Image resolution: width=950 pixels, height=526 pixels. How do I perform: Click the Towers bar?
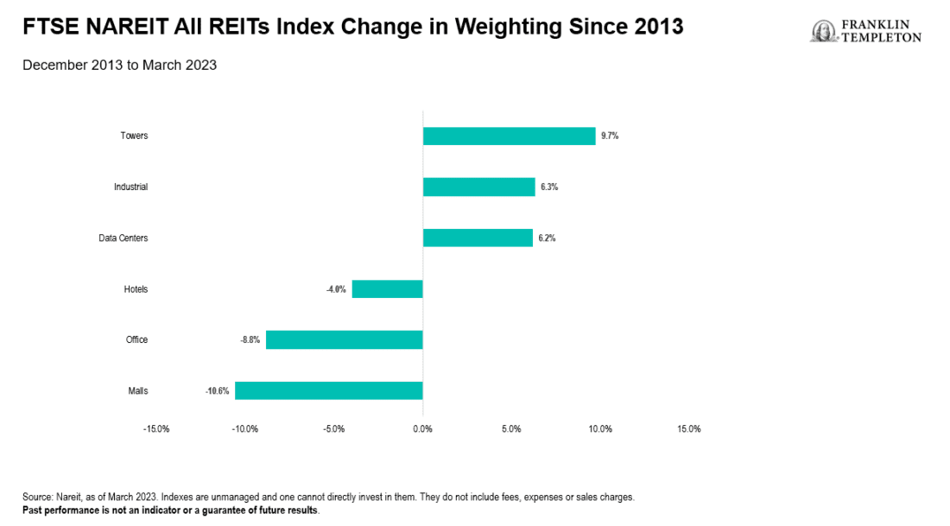(x=509, y=136)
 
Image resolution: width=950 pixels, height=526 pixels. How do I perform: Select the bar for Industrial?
(x=478, y=187)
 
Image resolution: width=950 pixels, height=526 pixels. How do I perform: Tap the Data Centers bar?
(x=478, y=238)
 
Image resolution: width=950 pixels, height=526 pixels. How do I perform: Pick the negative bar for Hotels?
(x=387, y=288)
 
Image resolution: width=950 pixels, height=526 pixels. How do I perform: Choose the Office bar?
(x=344, y=339)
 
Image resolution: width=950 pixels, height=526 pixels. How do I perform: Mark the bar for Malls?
(x=328, y=390)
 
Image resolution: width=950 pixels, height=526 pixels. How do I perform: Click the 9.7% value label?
(x=610, y=136)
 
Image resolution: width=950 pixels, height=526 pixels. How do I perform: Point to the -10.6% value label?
(x=217, y=391)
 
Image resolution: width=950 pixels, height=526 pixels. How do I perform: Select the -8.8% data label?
(x=250, y=340)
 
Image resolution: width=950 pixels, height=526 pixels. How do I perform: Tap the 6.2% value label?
(x=547, y=238)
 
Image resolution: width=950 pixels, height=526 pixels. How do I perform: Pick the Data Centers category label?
(x=123, y=238)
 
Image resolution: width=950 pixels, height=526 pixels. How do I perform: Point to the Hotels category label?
(x=136, y=289)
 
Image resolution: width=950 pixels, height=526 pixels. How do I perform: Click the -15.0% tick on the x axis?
(x=156, y=429)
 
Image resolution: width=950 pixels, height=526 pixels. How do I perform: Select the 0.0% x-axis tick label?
(x=422, y=429)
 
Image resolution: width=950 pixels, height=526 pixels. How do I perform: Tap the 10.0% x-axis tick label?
(x=599, y=429)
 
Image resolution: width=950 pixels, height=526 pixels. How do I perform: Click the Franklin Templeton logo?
(x=865, y=31)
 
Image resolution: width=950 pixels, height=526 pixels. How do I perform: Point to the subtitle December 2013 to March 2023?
(x=119, y=65)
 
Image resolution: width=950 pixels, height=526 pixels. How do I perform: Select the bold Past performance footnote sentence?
(x=171, y=510)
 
